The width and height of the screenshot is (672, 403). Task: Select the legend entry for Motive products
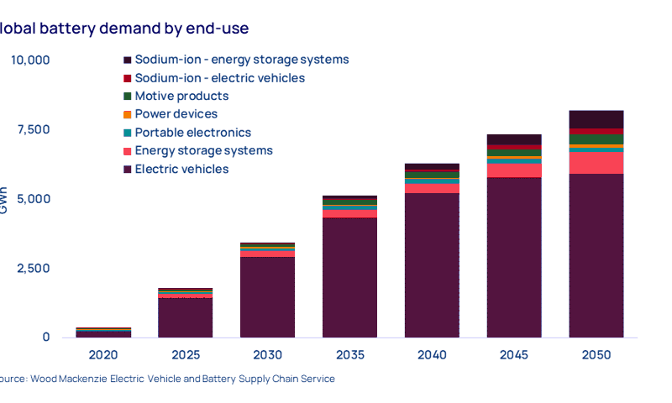[181, 97]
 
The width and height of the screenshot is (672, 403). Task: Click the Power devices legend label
[176, 114]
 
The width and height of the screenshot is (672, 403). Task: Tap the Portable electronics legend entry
[192, 133]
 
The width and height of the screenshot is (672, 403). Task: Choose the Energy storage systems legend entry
[203, 151]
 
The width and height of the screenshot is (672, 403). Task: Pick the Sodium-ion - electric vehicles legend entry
[219, 78]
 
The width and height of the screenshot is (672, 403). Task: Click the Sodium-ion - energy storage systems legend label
[241, 60]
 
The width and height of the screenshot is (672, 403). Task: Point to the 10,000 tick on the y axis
[30, 60]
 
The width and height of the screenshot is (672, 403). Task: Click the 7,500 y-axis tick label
[34, 129]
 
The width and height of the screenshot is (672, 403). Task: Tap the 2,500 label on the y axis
[34, 269]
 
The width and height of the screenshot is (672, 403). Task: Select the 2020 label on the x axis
[104, 356]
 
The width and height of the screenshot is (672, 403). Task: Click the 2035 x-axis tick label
[350, 356]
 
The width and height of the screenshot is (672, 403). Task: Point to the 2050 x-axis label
[596, 356]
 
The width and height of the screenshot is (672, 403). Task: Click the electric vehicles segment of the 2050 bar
[596, 256]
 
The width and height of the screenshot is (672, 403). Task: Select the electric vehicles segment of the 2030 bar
[268, 298]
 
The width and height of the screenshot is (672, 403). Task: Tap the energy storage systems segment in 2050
[596, 163]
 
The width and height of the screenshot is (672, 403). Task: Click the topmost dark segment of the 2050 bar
[596, 119]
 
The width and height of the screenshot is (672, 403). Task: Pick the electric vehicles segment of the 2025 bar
[186, 319]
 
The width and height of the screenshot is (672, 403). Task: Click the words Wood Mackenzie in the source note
[64, 379]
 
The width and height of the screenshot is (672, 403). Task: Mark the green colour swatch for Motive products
[127, 97]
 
